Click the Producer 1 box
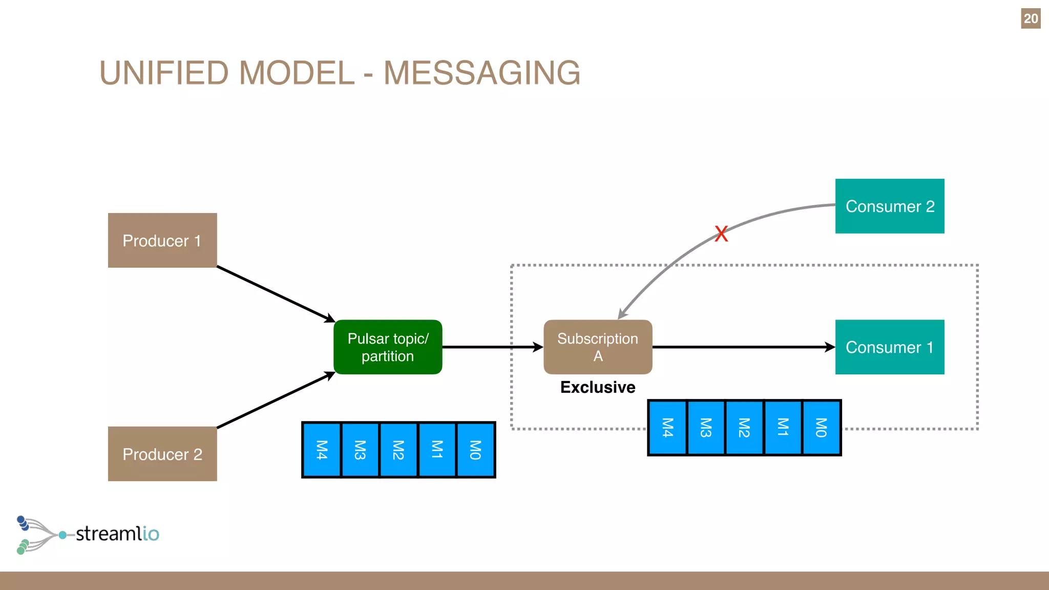(x=162, y=240)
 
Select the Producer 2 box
(x=162, y=454)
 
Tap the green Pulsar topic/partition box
(x=388, y=347)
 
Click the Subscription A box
(x=598, y=347)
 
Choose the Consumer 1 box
(x=890, y=347)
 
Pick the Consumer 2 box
(x=890, y=206)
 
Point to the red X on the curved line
(x=721, y=234)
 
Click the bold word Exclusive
(x=598, y=387)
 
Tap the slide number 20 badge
(x=1031, y=18)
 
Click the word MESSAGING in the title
(x=482, y=73)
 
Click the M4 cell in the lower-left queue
(x=322, y=450)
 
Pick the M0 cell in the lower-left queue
(x=475, y=450)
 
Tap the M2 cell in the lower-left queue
(x=398, y=450)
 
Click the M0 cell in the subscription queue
(x=821, y=428)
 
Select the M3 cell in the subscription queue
(x=706, y=428)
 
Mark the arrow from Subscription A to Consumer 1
(x=743, y=347)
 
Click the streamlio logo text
(x=117, y=534)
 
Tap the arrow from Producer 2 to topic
(x=276, y=400)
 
